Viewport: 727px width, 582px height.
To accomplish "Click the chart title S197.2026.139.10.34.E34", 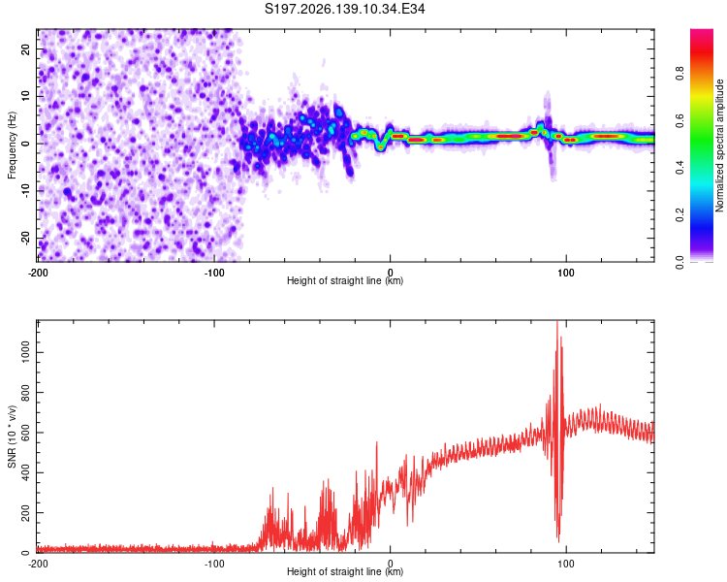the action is [344, 9].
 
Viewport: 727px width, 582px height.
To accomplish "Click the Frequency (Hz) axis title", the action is [12, 145].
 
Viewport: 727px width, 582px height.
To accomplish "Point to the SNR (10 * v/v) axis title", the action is [12, 436].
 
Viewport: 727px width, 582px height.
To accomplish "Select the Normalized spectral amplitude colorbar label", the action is [719, 145].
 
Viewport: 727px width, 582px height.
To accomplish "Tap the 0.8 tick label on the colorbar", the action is [680, 74].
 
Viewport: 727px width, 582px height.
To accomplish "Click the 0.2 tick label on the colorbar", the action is [680, 215].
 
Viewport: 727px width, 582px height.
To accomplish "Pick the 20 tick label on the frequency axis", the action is [25, 49].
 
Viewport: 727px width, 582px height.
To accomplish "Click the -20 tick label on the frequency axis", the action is [25, 238].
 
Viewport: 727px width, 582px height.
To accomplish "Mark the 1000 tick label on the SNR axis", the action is [25, 352].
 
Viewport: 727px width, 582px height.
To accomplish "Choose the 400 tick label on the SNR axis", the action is [25, 473].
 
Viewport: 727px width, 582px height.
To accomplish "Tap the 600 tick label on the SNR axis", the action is [25, 433].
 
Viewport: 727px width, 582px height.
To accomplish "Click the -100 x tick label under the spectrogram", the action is [214, 273].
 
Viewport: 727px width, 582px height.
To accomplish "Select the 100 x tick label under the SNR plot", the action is [566, 564].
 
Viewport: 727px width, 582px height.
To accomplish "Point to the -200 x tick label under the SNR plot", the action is [38, 564].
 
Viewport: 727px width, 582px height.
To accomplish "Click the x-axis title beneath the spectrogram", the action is [345, 280].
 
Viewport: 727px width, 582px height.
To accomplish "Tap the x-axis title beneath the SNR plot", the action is [345, 571].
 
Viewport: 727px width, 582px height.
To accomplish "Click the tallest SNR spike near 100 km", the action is [556, 322].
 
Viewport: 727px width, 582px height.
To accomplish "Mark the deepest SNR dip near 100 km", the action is [558, 541].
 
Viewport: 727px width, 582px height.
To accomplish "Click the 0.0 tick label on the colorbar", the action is [680, 263].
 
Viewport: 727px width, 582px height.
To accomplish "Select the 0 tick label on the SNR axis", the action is [25, 553].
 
